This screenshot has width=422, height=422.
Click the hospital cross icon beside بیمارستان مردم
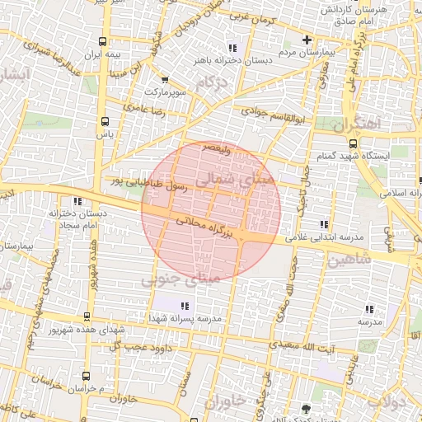[x=307, y=39]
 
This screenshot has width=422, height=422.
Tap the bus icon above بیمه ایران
[x=102, y=41]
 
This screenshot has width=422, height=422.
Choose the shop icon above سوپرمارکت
[x=166, y=80]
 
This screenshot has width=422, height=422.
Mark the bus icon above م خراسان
[x=83, y=374]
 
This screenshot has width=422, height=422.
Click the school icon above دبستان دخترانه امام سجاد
[x=77, y=200]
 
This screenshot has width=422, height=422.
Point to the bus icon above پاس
[x=103, y=120]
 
